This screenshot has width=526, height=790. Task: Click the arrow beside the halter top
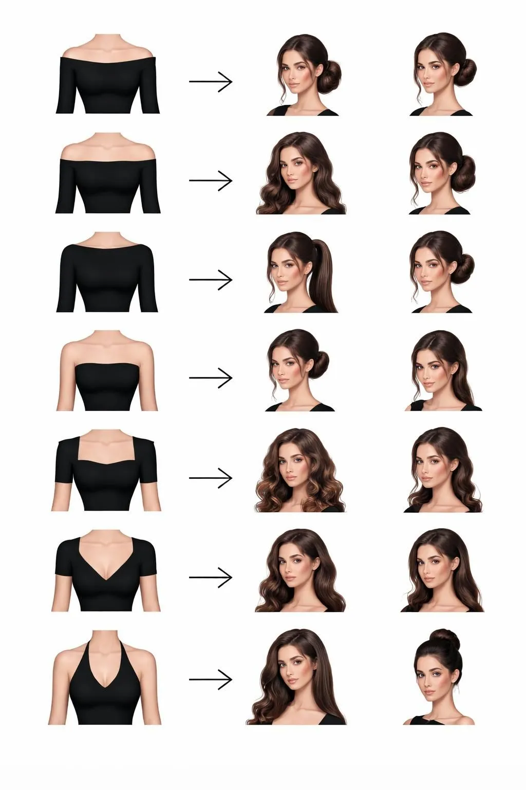tap(211, 679)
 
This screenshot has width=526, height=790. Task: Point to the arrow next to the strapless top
tap(211, 378)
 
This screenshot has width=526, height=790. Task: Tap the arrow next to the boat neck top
tap(211, 279)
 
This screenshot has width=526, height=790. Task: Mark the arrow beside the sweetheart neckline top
tap(211, 478)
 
